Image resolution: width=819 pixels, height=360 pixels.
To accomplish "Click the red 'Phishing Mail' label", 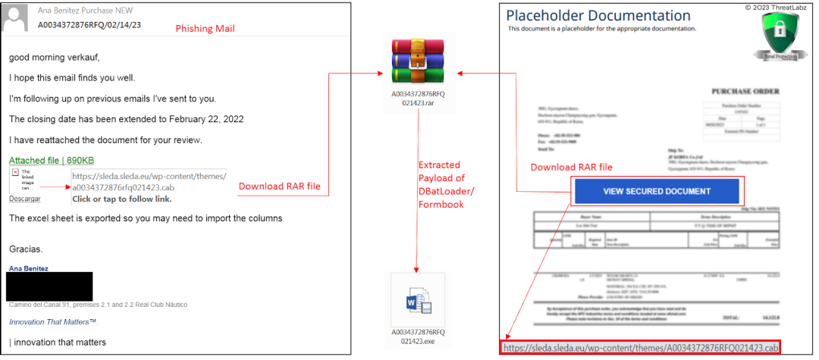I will coord(206,29).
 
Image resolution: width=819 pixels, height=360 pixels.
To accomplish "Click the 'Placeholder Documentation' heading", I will coord(598,15).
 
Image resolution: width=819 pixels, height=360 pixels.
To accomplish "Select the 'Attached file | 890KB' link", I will coord(52,161).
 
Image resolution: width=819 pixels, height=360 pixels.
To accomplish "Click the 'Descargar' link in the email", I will coord(24,199).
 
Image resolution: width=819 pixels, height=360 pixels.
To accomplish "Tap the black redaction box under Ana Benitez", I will coord(49,286).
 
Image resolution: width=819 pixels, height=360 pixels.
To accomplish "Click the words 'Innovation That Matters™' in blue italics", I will coord(53,322).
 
